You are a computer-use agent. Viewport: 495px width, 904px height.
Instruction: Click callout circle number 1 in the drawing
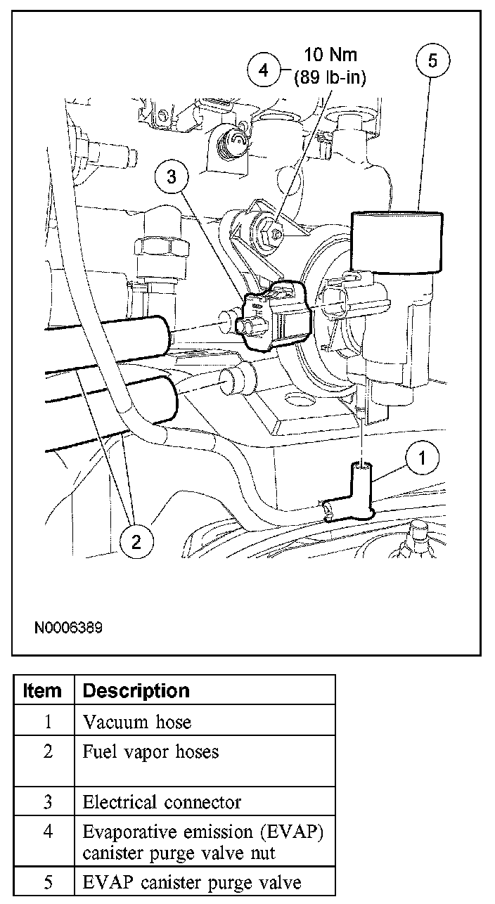coord(420,459)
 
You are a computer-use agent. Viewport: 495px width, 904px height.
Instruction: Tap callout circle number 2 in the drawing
coord(136,541)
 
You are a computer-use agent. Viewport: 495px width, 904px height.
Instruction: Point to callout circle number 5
coord(432,61)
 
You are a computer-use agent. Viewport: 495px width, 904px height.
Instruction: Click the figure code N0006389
coord(67,626)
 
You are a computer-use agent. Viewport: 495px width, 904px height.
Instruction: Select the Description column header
coord(136,690)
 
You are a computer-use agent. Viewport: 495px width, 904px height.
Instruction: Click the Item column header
coord(42,690)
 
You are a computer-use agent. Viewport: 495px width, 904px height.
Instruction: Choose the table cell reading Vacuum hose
coord(136,721)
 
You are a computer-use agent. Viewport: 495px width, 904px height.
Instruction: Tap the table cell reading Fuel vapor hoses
coord(150,751)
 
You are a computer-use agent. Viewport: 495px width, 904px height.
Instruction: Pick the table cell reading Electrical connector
coord(162,802)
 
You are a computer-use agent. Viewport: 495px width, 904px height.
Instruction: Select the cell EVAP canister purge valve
coord(192,882)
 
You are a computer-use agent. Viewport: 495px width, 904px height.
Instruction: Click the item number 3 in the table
coord(47,802)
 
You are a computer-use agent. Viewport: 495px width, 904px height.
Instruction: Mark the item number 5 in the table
coord(47,882)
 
